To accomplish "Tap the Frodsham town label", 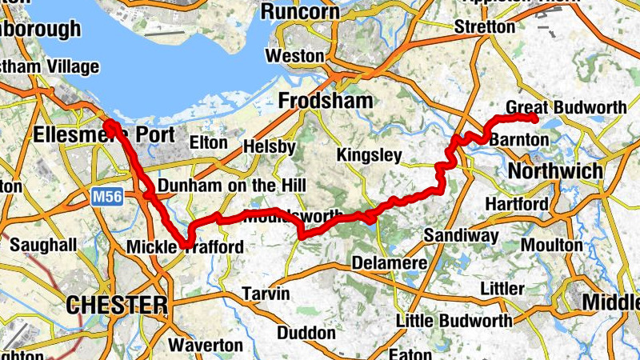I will [x=326, y=101].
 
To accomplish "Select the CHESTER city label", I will [x=117, y=305].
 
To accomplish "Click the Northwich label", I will [x=555, y=171].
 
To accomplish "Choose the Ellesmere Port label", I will [x=103, y=134].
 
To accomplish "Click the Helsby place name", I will [x=270, y=148].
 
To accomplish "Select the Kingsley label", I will [x=369, y=154].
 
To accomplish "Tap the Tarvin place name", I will [x=266, y=294].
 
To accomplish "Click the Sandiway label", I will [x=461, y=235].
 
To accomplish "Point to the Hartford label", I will [x=514, y=203].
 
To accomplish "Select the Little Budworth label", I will [x=455, y=321].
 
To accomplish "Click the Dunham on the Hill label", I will [x=232, y=186].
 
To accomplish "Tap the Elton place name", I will [x=209, y=142].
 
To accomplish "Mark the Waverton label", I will [x=206, y=346].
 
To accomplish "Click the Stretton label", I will [x=485, y=27].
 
